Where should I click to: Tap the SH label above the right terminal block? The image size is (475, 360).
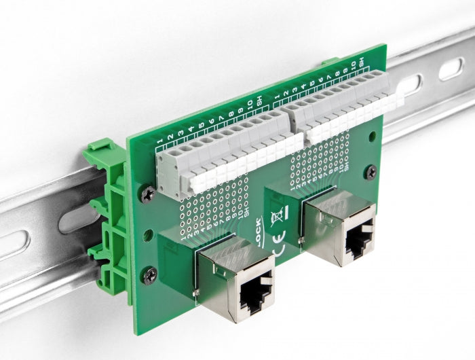362,62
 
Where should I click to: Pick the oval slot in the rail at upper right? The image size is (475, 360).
451,69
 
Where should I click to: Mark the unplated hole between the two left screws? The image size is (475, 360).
147,233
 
